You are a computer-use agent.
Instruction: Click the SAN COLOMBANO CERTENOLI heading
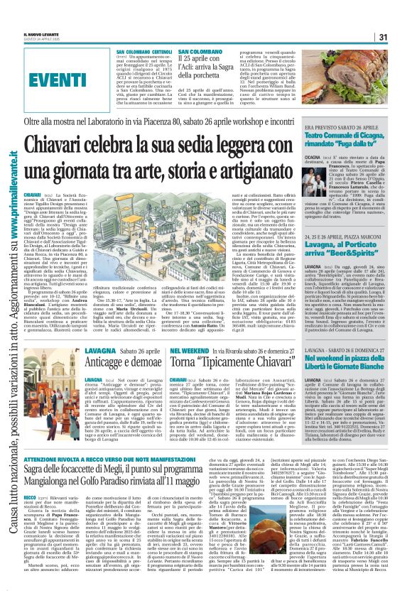144,53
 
